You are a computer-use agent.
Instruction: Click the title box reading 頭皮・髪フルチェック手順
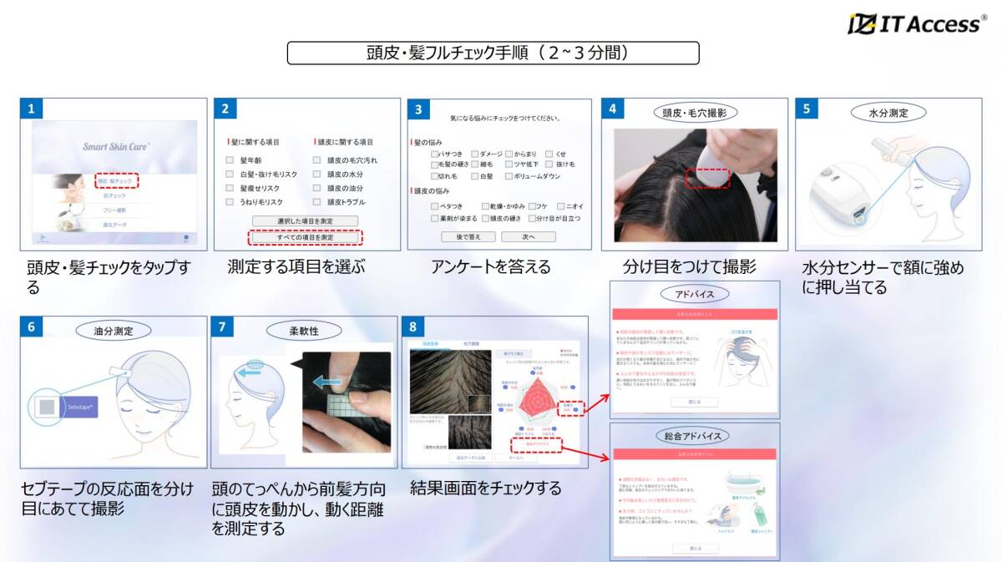[x=493, y=53]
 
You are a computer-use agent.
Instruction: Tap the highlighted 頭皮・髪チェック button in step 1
[x=116, y=180]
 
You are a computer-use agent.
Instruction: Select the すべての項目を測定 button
[x=306, y=237]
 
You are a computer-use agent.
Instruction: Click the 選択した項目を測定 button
[x=306, y=221]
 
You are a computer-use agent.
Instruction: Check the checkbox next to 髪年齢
[x=230, y=159]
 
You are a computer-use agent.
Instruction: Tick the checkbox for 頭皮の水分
[x=317, y=174]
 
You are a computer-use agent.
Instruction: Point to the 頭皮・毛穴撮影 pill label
[x=695, y=112]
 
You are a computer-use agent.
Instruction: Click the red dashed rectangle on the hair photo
[x=708, y=178]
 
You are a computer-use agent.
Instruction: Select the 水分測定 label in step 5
[x=888, y=112]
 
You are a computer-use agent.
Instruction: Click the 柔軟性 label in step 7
[x=303, y=330]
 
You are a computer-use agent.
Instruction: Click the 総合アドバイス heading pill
[x=695, y=436]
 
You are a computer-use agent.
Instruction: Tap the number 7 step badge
[x=222, y=327]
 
